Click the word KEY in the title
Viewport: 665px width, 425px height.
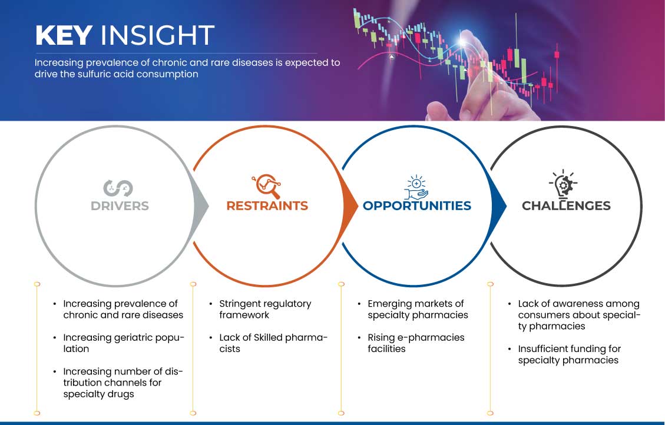pyautogui.click(x=64, y=35)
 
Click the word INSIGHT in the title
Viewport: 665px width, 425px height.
pyautogui.click(x=157, y=35)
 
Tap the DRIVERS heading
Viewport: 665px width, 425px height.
pyautogui.click(x=120, y=206)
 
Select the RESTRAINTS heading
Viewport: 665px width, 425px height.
pyautogui.click(x=267, y=205)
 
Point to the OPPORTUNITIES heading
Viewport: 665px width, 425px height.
pyautogui.click(x=417, y=205)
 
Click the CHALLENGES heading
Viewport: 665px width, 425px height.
pyautogui.click(x=566, y=205)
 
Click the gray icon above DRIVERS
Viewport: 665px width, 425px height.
pyautogui.click(x=118, y=188)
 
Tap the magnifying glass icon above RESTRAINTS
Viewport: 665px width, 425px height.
pyautogui.click(x=267, y=186)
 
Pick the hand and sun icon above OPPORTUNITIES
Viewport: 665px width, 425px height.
pyautogui.click(x=416, y=187)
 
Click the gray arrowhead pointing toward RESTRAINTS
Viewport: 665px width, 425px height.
pyautogui.click(x=201, y=207)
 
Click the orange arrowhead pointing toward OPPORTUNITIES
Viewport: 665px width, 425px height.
pyautogui.click(x=350, y=207)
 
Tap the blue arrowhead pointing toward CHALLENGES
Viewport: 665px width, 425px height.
pyautogui.click(x=499, y=207)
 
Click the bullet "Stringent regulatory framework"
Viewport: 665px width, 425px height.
pyautogui.click(x=265, y=309)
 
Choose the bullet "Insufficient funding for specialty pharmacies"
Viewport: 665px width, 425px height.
pyautogui.click(x=569, y=355)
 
